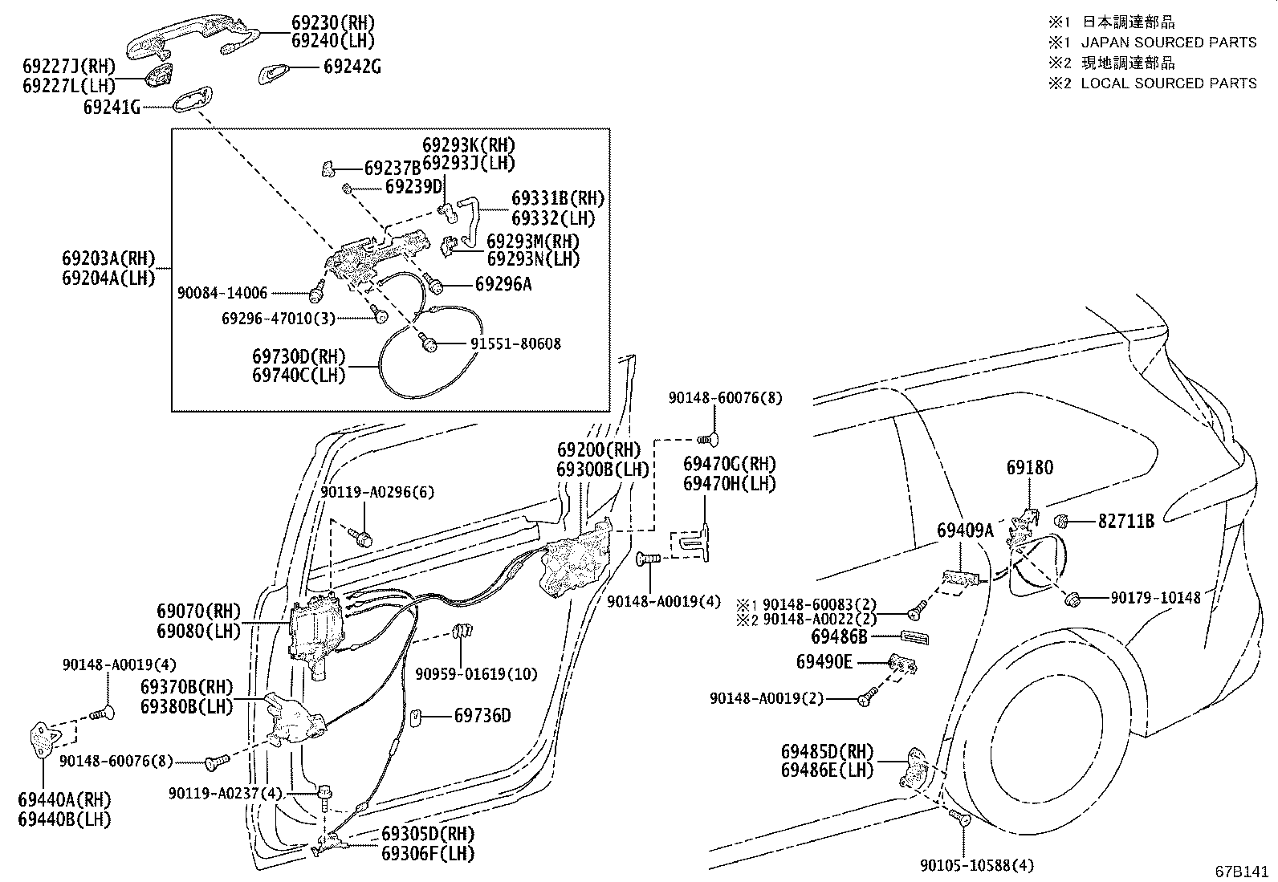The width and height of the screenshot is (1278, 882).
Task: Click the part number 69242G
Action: click(x=352, y=67)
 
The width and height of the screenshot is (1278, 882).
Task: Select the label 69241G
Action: click(x=111, y=106)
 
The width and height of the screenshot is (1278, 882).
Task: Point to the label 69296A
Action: click(x=503, y=284)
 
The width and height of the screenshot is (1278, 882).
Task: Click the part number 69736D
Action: click(x=482, y=715)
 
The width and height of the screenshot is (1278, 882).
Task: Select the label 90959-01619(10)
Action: click(x=476, y=673)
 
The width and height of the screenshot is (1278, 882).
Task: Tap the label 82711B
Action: click(x=1126, y=522)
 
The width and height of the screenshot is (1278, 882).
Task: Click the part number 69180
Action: click(x=1030, y=468)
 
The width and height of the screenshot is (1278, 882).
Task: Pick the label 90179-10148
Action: click(x=1156, y=598)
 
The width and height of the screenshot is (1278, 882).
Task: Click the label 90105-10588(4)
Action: click(x=977, y=864)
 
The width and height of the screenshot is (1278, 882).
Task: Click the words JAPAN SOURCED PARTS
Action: click(x=1169, y=43)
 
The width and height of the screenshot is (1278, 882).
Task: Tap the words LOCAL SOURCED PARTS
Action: click(x=1169, y=83)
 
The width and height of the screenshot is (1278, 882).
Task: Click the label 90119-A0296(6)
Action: click(x=377, y=492)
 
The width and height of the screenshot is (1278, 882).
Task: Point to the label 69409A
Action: click(x=965, y=530)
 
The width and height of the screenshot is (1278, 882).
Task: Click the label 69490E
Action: click(x=824, y=662)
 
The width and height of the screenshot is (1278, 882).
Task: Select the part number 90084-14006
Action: click(x=222, y=294)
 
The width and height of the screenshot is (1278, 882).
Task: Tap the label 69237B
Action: click(x=393, y=168)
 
